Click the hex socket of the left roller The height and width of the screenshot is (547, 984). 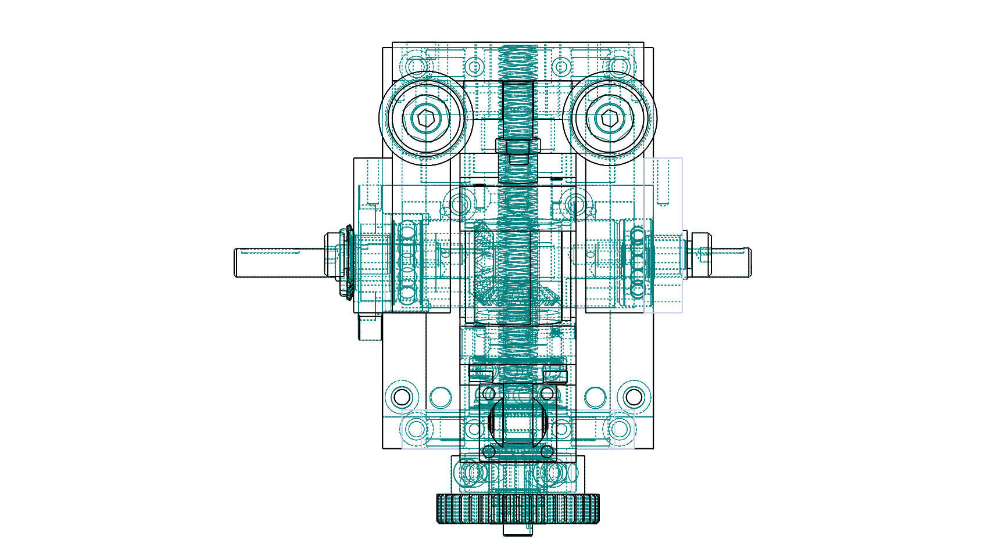click(426, 118)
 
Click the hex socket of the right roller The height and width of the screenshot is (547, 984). click(609, 118)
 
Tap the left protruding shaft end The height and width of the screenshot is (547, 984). click(262, 262)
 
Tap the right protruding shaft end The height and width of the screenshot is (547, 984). click(729, 261)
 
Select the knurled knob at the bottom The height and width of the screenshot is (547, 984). click(517, 508)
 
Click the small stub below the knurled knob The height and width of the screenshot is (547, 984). click(518, 530)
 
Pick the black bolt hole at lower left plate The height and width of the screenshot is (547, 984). click(401, 397)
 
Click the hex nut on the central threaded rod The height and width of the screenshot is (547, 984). click(518, 147)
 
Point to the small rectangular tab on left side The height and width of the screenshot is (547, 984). click(368, 328)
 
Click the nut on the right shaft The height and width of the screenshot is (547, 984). click(700, 254)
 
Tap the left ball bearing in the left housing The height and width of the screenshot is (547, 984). click(409, 261)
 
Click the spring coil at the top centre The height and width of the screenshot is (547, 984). click(518, 61)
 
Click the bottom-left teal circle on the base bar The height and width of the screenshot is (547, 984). click(416, 430)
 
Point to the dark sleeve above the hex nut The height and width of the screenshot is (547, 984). click(518, 110)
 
